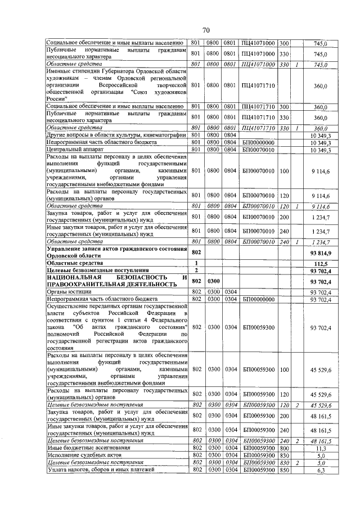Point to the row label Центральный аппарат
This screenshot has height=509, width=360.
73,150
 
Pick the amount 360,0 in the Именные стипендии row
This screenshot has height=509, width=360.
321,85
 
